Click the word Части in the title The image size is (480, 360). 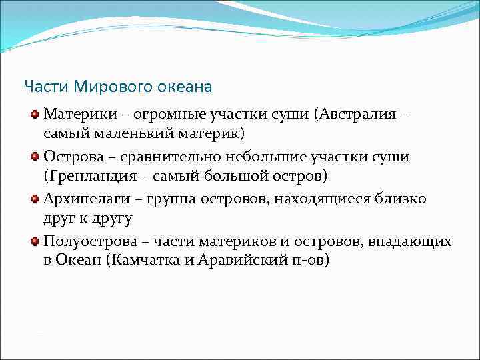pyautogui.click(x=47, y=87)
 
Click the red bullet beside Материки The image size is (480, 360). pyautogui.click(x=35, y=114)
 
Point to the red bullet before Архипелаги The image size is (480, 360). pyautogui.click(x=35, y=199)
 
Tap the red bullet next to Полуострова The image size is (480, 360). pyautogui.click(x=35, y=242)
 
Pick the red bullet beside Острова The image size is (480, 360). pyautogui.click(x=35, y=157)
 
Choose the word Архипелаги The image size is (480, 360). pyautogui.click(x=83, y=199)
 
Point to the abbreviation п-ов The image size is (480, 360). pyautogui.click(x=307, y=261)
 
